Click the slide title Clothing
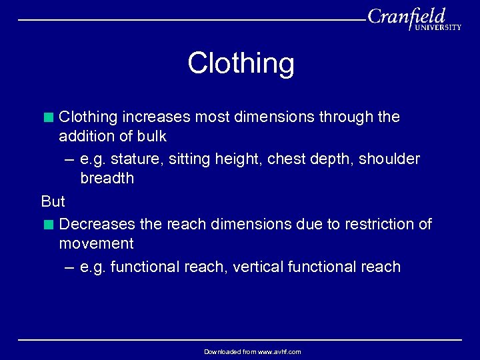(241, 63)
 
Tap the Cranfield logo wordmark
(407, 16)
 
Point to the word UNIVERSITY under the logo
(438, 28)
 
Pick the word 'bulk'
(151, 137)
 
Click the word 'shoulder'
(391, 159)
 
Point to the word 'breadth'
(107, 179)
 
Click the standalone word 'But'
(53, 201)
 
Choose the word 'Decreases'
(97, 225)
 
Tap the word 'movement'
(96, 244)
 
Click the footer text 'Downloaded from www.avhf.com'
(253, 351)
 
